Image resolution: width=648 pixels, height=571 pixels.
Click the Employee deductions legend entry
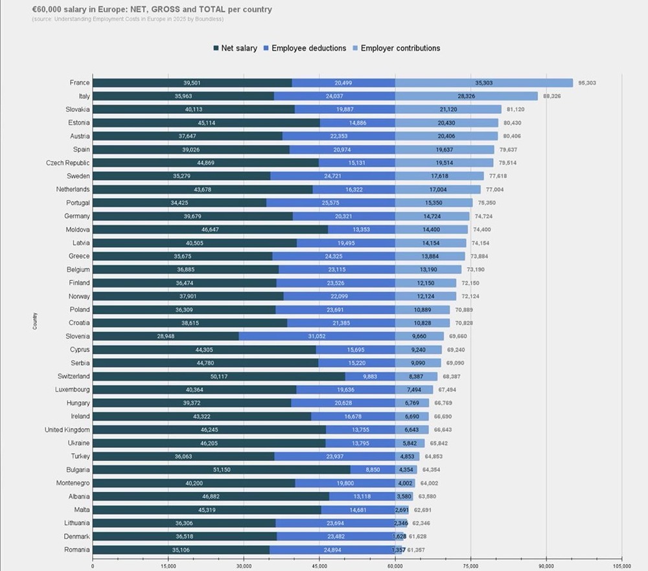tap(304, 49)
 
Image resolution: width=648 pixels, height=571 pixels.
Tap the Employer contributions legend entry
tap(396, 49)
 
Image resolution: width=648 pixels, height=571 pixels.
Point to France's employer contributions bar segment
tap(484, 83)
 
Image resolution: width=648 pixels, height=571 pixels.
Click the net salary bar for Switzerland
tap(218, 376)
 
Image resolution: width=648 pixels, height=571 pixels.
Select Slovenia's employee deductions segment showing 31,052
tap(317, 336)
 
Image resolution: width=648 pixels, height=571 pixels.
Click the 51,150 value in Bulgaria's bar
tap(221, 469)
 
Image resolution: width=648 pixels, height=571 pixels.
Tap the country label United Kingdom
tap(67, 430)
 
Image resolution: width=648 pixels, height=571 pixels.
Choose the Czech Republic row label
tap(67, 163)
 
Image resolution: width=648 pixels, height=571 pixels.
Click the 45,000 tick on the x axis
tap(319, 566)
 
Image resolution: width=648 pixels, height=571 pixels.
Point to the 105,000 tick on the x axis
tap(621, 566)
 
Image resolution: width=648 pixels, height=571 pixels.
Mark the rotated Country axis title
tap(34, 321)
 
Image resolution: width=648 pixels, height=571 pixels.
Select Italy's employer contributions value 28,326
tap(467, 96)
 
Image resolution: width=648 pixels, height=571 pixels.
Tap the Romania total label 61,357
tap(417, 550)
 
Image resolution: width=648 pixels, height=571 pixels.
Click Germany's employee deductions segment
tap(343, 216)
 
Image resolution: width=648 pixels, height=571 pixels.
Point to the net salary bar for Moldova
tap(210, 229)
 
